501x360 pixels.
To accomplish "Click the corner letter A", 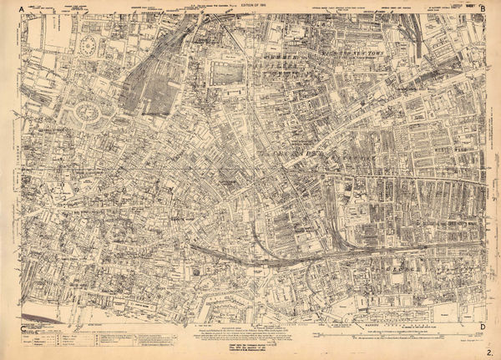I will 10,8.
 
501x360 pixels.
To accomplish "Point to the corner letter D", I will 483,327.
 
